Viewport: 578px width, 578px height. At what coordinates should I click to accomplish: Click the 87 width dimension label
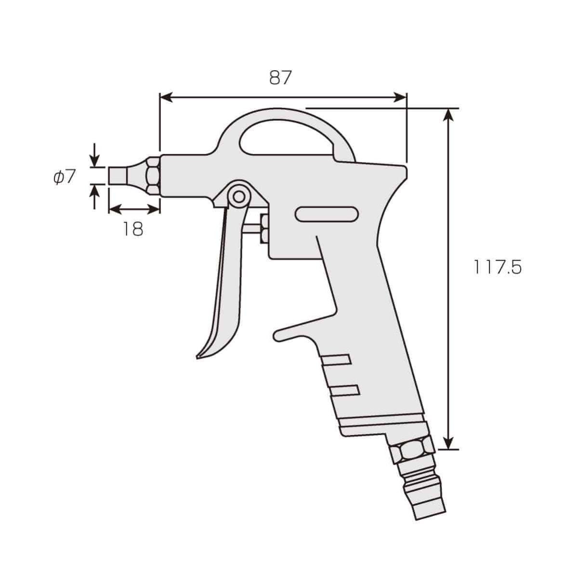(x=281, y=78)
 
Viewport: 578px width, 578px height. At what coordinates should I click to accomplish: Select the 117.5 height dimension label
(x=497, y=268)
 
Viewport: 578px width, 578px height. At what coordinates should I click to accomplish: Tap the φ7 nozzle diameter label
(x=65, y=177)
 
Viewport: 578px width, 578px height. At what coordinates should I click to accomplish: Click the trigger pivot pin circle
(x=238, y=196)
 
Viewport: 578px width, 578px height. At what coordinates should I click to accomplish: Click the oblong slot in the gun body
(x=327, y=214)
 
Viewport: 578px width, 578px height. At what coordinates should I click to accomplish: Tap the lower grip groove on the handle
(x=346, y=390)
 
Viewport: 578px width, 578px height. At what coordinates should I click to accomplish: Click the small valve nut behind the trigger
(x=264, y=230)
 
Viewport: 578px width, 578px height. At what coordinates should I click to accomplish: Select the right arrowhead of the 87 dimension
(x=401, y=98)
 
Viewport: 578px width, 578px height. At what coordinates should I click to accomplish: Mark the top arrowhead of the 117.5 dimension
(x=448, y=115)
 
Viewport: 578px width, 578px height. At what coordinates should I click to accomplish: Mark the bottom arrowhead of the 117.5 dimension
(x=448, y=443)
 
